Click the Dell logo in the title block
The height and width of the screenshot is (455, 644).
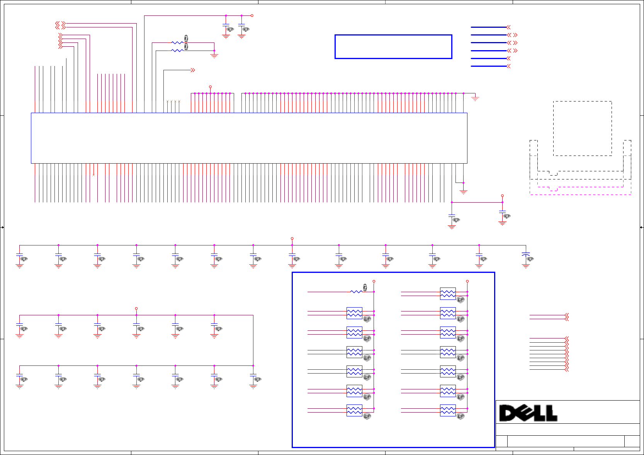(528, 413)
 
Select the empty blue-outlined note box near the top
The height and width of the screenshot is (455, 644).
(393, 47)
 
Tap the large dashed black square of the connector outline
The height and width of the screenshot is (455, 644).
(582, 129)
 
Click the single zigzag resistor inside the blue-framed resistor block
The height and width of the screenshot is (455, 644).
(356, 291)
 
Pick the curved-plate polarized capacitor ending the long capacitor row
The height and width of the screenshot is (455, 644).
(525, 255)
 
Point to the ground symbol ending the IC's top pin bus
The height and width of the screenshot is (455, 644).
(475, 98)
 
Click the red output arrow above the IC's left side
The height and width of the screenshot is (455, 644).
(193, 70)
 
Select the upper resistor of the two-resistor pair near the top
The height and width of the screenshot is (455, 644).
(177, 42)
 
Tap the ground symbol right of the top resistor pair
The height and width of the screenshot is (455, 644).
(214, 56)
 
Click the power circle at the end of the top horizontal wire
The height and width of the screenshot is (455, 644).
(252, 15)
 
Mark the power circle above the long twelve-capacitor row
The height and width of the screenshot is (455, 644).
(292, 238)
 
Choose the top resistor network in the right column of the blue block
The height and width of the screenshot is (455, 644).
(448, 294)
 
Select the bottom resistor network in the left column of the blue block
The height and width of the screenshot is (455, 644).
(354, 410)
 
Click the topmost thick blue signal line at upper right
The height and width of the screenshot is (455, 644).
(488, 27)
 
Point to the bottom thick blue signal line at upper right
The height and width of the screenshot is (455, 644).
(488, 66)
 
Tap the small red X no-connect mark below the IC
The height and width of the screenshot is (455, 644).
(93, 175)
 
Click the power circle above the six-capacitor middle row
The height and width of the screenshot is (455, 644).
(136, 309)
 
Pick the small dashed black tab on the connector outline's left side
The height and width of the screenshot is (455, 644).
(534, 148)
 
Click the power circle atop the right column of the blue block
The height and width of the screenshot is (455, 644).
(467, 281)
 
